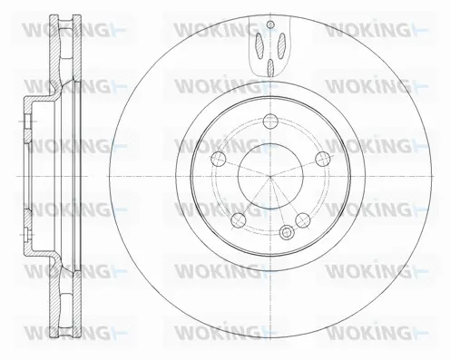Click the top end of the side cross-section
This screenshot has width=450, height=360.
point(63,18)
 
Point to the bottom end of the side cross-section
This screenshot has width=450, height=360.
point(63,340)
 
